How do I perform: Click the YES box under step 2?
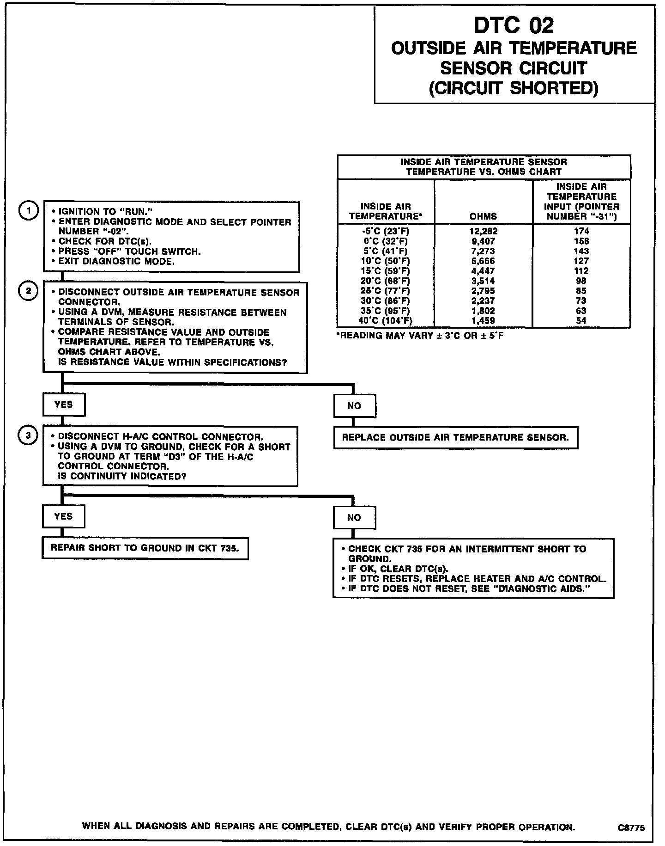pos(64,405)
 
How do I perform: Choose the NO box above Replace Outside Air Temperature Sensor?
pos(354,406)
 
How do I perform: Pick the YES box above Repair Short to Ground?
pos(63,516)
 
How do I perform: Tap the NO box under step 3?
pos(354,518)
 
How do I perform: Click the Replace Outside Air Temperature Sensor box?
pos(455,437)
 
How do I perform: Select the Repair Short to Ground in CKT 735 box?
pos(145,548)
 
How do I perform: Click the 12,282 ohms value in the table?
pos(483,231)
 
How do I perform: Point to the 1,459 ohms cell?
pos(483,320)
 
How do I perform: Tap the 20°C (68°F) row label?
pos(385,281)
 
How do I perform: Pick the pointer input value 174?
pos(581,231)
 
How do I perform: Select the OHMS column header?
pos(483,216)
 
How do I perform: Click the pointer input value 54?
pos(581,320)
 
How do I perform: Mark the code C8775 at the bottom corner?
pos(631,828)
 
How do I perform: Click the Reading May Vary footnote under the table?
pos(420,335)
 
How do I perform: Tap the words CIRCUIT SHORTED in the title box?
pos(514,88)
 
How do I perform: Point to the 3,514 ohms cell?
pos(483,281)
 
